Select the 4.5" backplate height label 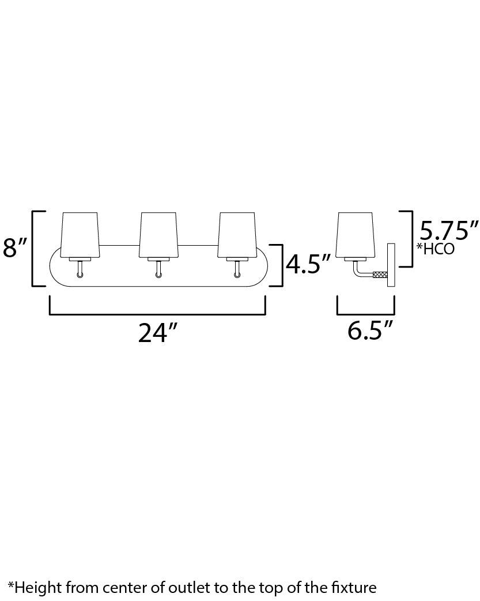pyautogui.click(x=308, y=264)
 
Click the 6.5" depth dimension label pyautogui.click(x=371, y=330)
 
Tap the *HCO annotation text pyautogui.click(x=436, y=249)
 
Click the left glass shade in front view pyautogui.click(x=80, y=235)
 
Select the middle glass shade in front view pyautogui.click(x=158, y=235)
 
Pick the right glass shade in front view pyautogui.click(x=236, y=235)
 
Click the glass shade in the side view pyautogui.click(x=355, y=235)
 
